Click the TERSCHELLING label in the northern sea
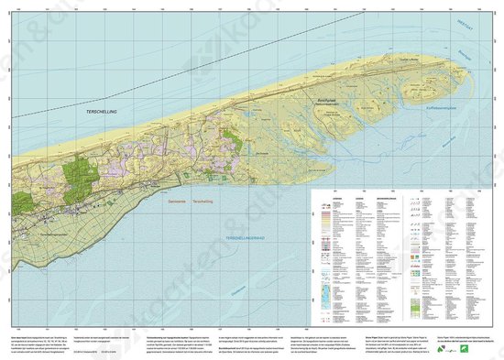coord(93,109)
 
